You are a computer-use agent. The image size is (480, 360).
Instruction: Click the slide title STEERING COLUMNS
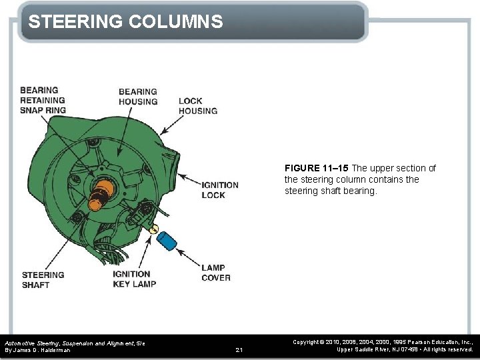click(x=125, y=22)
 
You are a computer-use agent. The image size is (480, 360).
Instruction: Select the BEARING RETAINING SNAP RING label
click(x=43, y=100)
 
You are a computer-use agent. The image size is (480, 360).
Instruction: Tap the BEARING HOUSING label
click(x=138, y=97)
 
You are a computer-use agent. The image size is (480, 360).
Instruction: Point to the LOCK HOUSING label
click(x=198, y=106)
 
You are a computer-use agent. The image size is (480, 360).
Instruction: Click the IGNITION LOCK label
click(x=219, y=190)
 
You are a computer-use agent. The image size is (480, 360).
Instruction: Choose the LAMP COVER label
click(x=216, y=273)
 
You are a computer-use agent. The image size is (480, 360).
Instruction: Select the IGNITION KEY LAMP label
click(x=134, y=279)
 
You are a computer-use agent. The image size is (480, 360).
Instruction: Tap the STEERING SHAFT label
click(x=43, y=279)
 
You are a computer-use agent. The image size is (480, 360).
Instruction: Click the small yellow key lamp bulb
click(x=154, y=229)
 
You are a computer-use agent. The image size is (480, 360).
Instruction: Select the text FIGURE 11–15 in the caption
click(x=316, y=168)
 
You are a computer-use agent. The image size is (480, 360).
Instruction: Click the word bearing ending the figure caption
click(x=363, y=191)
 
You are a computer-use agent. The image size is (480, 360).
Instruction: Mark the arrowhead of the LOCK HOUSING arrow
click(x=162, y=135)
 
